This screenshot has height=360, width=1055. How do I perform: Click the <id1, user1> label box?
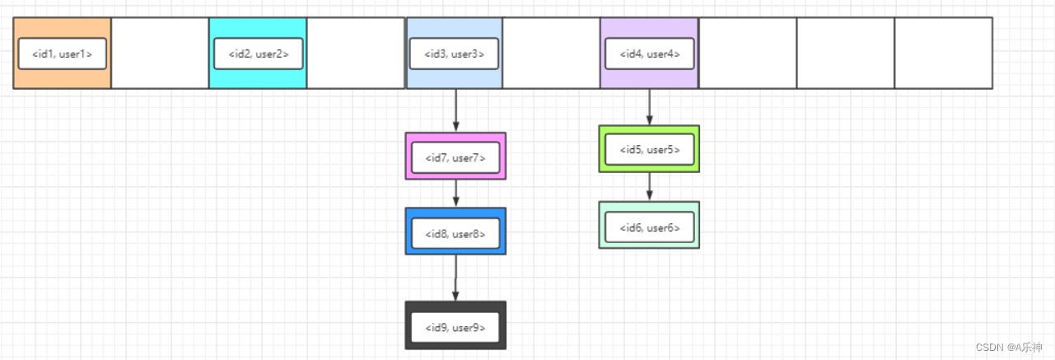click(62, 54)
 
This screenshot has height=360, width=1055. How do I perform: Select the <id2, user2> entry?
click(258, 54)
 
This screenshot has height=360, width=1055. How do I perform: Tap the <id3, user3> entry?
click(454, 54)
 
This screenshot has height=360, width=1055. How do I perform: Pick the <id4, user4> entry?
click(650, 54)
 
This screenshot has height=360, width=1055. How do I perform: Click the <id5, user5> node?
click(649, 149)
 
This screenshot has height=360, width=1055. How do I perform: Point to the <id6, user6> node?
click(649, 225)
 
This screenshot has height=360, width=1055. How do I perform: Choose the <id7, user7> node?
click(455, 156)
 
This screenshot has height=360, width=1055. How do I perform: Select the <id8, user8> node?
click(455, 231)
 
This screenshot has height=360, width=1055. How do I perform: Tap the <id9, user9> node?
click(455, 325)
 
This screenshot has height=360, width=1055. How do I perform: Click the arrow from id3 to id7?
click(455, 110)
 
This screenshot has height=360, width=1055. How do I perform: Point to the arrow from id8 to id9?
click(455, 278)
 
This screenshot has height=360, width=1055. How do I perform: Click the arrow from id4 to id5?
click(650, 107)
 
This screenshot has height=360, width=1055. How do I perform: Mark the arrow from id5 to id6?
click(650, 187)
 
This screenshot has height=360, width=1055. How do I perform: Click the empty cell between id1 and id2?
click(160, 53)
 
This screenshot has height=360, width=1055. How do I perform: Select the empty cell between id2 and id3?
click(356, 53)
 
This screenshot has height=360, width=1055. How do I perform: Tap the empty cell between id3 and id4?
click(551, 53)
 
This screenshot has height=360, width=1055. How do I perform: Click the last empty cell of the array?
click(943, 53)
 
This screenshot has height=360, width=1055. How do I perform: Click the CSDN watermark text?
click(1008, 348)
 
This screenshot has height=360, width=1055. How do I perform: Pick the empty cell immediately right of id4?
click(748, 53)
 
